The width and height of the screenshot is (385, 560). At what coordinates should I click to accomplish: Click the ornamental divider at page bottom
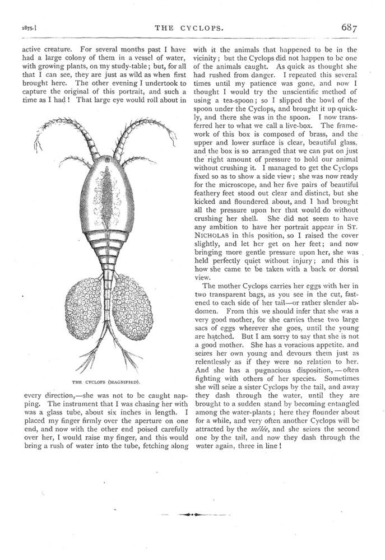[192, 513]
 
